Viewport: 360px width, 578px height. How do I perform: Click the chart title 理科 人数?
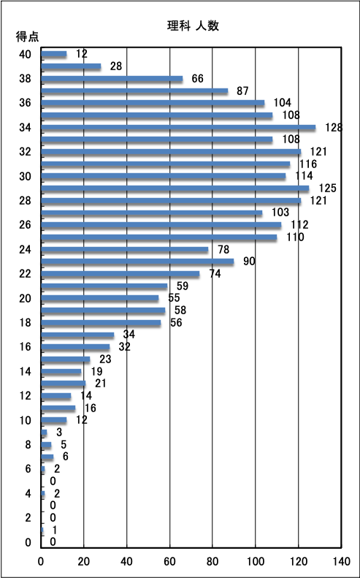pyautogui.click(x=193, y=26)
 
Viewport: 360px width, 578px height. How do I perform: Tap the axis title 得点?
pyautogui.click(x=27, y=37)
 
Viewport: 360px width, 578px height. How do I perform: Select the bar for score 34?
pyautogui.click(x=178, y=128)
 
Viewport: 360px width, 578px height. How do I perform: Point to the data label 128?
pyautogui.click(x=334, y=128)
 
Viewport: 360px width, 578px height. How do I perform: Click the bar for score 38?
pyautogui.click(x=112, y=78)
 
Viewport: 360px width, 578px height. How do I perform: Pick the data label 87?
pyautogui.click(x=243, y=91)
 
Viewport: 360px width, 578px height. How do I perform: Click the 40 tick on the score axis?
pyautogui.click(x=25, y=54)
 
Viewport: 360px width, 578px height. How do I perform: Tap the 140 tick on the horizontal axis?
pyautogui.click(x=341, y=561)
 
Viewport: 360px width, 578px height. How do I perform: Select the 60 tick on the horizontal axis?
pyautogui.click(x=170, y=561)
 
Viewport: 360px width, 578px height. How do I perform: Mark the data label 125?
pyautogui.click(x=328, y=189)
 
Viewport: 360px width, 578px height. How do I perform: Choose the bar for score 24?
pyautogui.click(x=125, y=250)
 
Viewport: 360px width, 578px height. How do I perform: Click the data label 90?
pyautogui.click(x=249, y=262)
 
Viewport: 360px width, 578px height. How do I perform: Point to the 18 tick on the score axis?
pyautogui.click(x=25, y=322)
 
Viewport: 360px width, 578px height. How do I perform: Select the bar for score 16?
pyautogui.click(x=75, y=347)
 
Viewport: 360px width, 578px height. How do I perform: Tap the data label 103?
pyautogui.click(x=280, y=213)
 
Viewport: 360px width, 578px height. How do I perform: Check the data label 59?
pyautogui.click(x=182, y=286)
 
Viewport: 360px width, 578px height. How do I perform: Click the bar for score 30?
pyautogui.click(x=164, y=176)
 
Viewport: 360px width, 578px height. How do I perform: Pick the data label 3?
pyautogui.click(x=59, y=433)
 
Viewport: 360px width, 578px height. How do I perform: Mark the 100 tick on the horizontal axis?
pyautogui.click(x=256, y=561)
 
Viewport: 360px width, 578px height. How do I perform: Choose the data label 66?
pyautogui.click(x=197, y=78)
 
